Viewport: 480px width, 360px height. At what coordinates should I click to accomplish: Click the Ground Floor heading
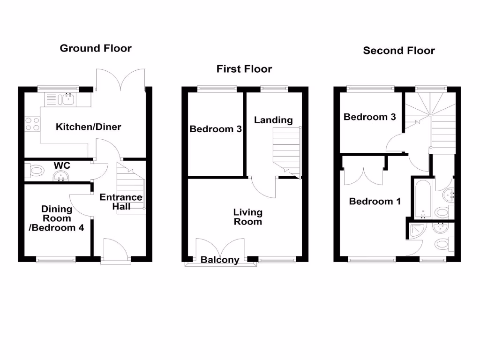coord(96,48)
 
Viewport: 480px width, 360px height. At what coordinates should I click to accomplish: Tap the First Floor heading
coord(244,69)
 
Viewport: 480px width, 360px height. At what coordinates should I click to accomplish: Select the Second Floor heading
coord(399,51)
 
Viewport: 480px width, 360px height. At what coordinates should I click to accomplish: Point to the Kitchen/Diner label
coord(88,127)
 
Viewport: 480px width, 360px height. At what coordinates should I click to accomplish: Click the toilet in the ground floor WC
coord(33,171)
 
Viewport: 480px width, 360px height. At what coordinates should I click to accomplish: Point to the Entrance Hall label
coord(120,202)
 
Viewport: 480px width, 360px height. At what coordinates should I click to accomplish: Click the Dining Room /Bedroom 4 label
coord(57,218)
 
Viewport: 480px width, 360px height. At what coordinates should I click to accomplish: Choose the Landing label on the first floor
coord(273,120)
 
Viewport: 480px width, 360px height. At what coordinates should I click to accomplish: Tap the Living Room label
coord(248,217)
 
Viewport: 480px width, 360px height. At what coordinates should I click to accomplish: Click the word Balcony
coord(220,260)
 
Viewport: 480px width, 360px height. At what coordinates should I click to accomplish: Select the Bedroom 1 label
coord(375,202)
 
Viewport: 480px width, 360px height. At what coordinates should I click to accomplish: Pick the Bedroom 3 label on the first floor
coord(216,129)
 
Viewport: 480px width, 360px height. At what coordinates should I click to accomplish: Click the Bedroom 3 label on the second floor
coord(369,117)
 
